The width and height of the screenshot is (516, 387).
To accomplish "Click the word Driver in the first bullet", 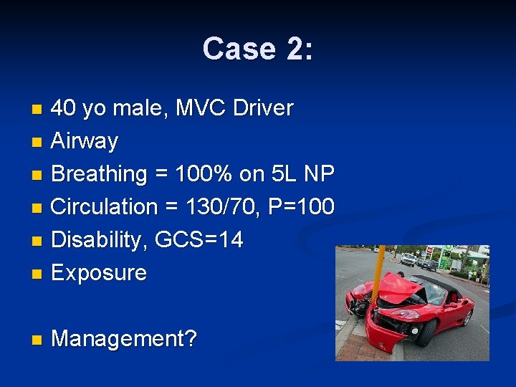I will pos(264,108).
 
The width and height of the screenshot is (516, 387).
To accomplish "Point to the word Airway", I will pos(85,141).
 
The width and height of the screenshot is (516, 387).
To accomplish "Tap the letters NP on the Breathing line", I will pos(319,174).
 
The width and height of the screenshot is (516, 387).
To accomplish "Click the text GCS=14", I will pos(199,240).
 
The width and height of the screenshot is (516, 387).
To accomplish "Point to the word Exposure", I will pos(99,273).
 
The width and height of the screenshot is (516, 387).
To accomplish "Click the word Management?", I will pos(124,339).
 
